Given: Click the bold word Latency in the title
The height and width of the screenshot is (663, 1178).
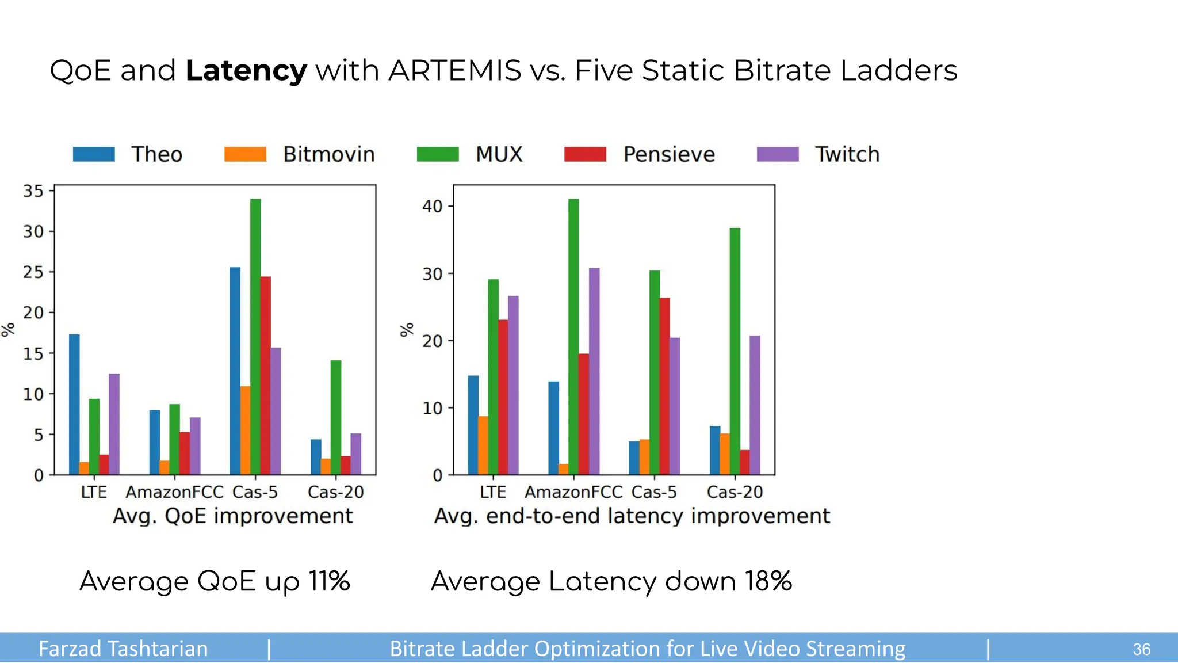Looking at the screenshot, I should pos(246,71).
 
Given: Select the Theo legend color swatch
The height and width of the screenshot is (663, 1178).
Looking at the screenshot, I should pos(94,154).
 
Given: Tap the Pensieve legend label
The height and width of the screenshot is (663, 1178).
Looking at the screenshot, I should pos(669,154).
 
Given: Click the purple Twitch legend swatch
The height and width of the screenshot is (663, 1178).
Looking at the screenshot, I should pos(778,154).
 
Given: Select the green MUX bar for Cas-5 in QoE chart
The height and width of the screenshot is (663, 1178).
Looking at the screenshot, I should pos(255,337).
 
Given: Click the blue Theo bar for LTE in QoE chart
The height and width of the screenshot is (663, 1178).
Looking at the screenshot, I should pos(74,404).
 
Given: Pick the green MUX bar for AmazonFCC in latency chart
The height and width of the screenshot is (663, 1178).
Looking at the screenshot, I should pos(573,337).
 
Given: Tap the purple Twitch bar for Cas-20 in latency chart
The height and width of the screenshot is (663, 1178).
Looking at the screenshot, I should pos(755,405).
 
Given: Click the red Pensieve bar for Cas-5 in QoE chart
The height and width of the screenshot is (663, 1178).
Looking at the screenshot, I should pos(266,375).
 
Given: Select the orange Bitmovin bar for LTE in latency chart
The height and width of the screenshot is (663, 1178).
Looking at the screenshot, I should pos(483,445).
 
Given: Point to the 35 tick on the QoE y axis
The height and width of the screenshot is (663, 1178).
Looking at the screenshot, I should pos(33,191).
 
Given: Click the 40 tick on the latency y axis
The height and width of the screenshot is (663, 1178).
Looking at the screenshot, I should pos(433,206).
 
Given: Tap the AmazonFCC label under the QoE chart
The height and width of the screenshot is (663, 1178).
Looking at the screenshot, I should pos(174,492).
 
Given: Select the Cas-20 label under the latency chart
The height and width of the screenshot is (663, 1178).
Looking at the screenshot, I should pos(735,492).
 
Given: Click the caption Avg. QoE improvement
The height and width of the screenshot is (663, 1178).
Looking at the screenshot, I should pos(232,516).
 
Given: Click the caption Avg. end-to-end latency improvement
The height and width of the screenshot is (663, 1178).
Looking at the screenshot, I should pos(632,516).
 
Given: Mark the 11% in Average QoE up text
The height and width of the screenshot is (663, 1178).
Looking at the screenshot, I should pos(329,581).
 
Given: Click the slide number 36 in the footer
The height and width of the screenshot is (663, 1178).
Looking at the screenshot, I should pos(1141,649).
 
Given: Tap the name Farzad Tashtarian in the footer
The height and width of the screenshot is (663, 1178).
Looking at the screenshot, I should pos(123,649).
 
